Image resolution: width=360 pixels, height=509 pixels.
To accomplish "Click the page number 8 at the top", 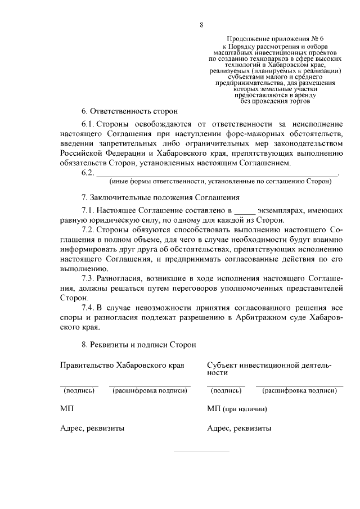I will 201,24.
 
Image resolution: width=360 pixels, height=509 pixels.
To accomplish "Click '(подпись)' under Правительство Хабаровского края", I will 79,390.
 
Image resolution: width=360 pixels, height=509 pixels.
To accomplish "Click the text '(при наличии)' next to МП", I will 244,409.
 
